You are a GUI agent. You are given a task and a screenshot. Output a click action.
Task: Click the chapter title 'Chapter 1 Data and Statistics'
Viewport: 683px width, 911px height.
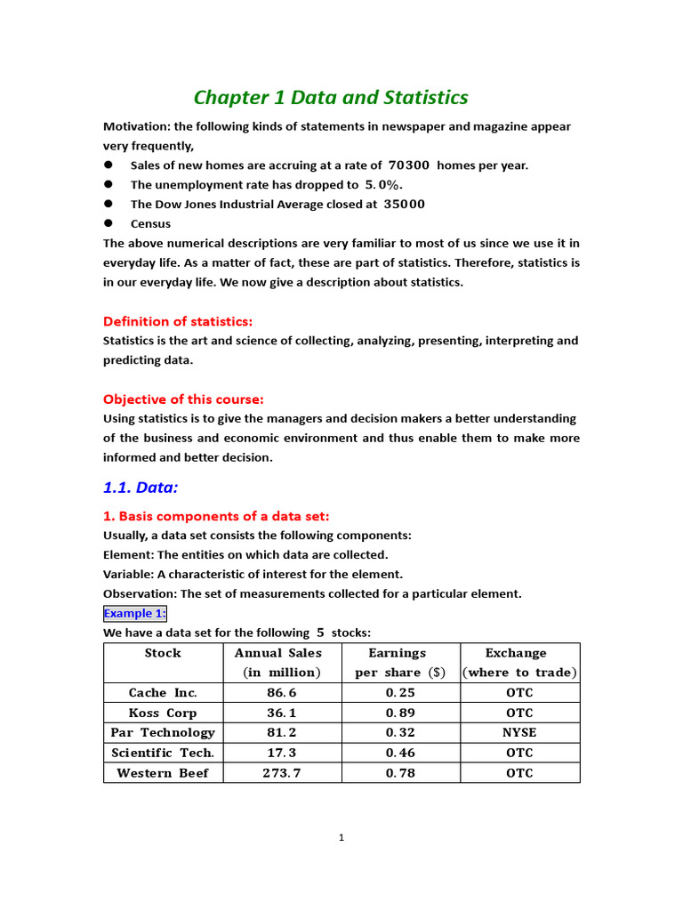pyautogui.click(x=331, y=98)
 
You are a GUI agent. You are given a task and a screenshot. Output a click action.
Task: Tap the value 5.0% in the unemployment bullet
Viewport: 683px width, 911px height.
pyautogui.click(x=383, y=185)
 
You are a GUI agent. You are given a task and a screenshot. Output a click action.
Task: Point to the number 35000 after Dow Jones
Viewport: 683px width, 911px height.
pyautogui.click(x=404, y=205)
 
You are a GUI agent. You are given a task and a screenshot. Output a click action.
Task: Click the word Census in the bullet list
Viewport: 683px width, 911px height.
pyautogui.click(x=150, y=224)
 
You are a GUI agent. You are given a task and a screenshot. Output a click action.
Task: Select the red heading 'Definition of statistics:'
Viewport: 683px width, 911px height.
pyautogui.click(x=178, y=321)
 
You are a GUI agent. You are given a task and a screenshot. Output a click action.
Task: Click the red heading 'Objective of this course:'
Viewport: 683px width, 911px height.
pyautogui.click(x=183, y=399)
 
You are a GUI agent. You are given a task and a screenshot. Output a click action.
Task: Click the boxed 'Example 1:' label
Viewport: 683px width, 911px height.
pyautogui.click(x=135, y=614)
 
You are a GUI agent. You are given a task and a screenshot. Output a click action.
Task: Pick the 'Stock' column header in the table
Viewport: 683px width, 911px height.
pyautogui.click(x=163, y=653)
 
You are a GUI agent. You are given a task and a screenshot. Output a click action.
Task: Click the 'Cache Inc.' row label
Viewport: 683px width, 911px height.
pyautogui.click(x=163, y=693)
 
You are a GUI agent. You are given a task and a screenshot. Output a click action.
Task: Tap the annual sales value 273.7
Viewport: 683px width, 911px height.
pyautogui.click(x=281, y=773)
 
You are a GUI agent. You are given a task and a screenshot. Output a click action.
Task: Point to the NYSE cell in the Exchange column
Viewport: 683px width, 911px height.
pyautogui.click(x=519, y=733)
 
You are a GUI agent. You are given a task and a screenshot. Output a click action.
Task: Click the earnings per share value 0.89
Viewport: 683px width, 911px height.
pyautogui.click(x=400, y=713)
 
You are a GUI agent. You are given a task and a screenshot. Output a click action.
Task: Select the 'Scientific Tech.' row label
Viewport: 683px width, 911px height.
pyautogui.click(x=163, y=753)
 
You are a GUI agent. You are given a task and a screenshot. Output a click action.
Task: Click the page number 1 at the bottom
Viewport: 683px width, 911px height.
pyautogui.click(x=341, y=837)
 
